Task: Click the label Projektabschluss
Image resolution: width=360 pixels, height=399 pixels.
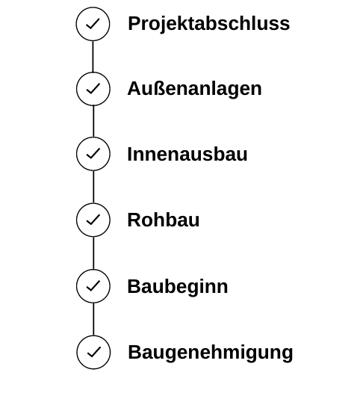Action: [208, 24]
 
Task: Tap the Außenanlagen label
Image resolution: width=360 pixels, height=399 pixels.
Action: [194, 89]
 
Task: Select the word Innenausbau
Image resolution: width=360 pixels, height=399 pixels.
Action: [187, 154]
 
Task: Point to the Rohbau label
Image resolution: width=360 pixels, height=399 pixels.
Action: [164, 220]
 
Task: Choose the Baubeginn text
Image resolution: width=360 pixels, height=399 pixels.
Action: [178, 286]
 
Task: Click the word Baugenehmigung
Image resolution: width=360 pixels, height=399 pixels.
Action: [211, 353]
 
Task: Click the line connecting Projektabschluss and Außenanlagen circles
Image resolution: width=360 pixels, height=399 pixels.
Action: [93, 57]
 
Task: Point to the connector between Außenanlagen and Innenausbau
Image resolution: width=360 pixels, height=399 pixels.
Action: [93, 121]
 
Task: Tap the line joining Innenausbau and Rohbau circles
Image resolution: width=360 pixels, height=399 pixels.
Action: [93, 187]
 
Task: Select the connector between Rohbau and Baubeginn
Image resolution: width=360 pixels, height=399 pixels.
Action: [93, 253]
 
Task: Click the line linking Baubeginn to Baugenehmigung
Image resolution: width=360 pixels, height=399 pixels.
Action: [93, 319]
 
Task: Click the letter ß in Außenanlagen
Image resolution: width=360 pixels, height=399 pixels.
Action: [158, 88]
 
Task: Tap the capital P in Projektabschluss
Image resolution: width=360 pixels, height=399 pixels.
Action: [134, 23]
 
